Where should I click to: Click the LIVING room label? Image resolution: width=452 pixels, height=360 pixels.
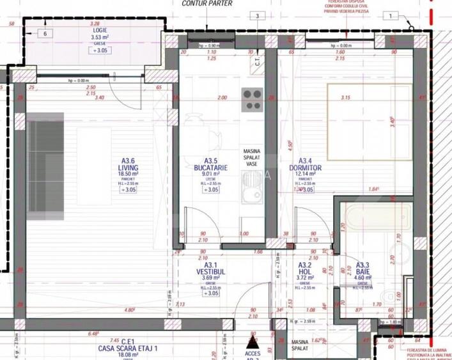click(x=128, y=168)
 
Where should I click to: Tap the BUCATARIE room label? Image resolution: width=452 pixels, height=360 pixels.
click(x=211, y=168)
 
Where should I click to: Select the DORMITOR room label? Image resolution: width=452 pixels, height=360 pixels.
click(x=306, y=168)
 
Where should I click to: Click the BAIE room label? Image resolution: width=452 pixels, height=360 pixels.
click(x=362, y=271)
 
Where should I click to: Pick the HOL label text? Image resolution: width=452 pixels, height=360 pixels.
click(x=304, y=271)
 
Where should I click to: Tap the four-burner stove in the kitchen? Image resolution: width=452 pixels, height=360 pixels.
click(x=252, y=100)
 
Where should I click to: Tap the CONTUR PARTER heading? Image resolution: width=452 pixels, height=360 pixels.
click(x=207, y=3)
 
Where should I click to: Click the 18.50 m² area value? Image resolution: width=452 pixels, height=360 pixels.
click(x=128, y=174)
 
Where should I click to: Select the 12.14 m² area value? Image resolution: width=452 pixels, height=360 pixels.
click(x=306, y=174)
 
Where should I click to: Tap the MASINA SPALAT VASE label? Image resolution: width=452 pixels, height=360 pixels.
click(x=251, y=157)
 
